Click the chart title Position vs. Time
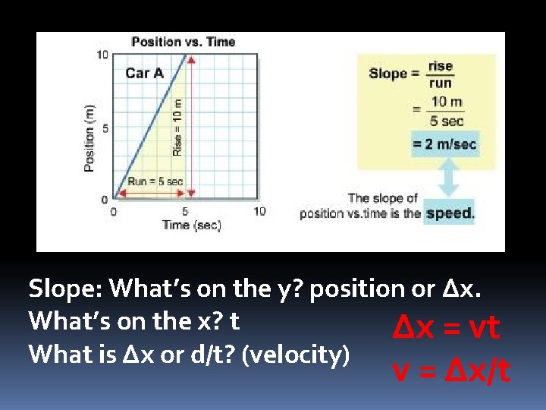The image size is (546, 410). coord(183,42)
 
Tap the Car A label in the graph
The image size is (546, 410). coord(144,73)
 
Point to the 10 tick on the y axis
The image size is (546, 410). coord(102,55)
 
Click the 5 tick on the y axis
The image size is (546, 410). coord(105,128)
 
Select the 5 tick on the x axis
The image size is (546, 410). coord(186,211)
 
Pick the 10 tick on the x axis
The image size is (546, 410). coord(259,211)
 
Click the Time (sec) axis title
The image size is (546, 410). coord(191,225)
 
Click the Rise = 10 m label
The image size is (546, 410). coord(177,128)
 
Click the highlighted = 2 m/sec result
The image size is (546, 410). coord(444,143)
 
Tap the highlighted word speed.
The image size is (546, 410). coord(450,213)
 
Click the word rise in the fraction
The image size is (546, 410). coord(441,66)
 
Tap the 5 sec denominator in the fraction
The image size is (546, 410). coord(447,121)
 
